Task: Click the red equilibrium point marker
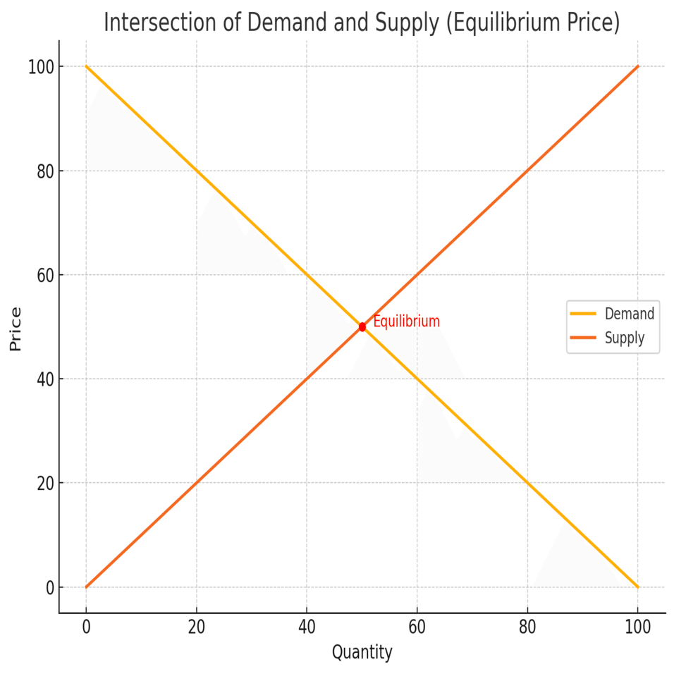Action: [x=362, y=326]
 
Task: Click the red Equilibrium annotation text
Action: [x=406, y=321]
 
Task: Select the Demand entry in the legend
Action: [x=630, y=314]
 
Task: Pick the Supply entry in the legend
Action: [x=625, y=338]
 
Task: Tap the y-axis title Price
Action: [x=16, y=329]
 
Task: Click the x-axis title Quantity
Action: [x=362, y=652]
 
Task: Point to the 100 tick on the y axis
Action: [x=41, y=67]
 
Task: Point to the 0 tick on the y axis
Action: [x=49, y=587]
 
